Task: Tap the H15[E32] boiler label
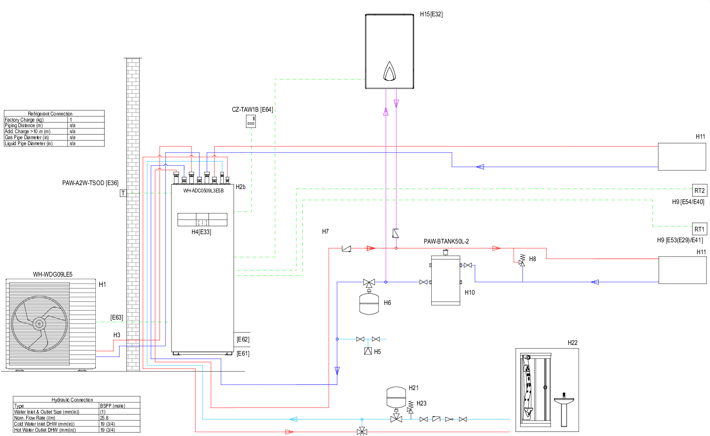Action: pyautogui.click(x=431, y=14)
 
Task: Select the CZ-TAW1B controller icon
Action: pyautogui.click(x=251, y=121)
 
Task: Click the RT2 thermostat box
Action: pyautogui.click(x=699, y=190)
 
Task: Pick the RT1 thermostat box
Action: pyautogui.click(x=699, y=229)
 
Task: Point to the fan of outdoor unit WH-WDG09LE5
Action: pyautogui.click(x=39, y=323)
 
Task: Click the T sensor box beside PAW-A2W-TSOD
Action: pyautogui.click(x=123, y=193)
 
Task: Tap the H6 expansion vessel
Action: pyautogui.click(x=369, y=303)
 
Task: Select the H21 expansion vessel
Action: pyautogui.click(x=396, y=397)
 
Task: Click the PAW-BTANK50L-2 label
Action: pyautogui.click(x=446, y=241)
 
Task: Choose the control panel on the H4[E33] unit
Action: pyautogui.click(x=202, y=220)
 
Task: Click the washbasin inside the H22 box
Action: pyautogui.click(x=564, y=402)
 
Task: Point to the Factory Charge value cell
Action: pyautogui.click(x=86, y=120)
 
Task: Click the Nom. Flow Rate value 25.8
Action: pyautogui.click(x=104, y=418)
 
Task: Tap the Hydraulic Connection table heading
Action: pyautogui.click(x=72, y=399)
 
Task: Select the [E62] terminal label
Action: pyautogui.click(x=243, y=339)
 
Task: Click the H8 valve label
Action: pyautogui.click(x=532, y=259)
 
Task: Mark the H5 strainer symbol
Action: pyautogui.click(x=368, y=351)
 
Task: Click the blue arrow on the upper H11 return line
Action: pyautogui.click(x=480, y=167)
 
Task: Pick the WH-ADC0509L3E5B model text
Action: pyautogui.click(x=203, y=191)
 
